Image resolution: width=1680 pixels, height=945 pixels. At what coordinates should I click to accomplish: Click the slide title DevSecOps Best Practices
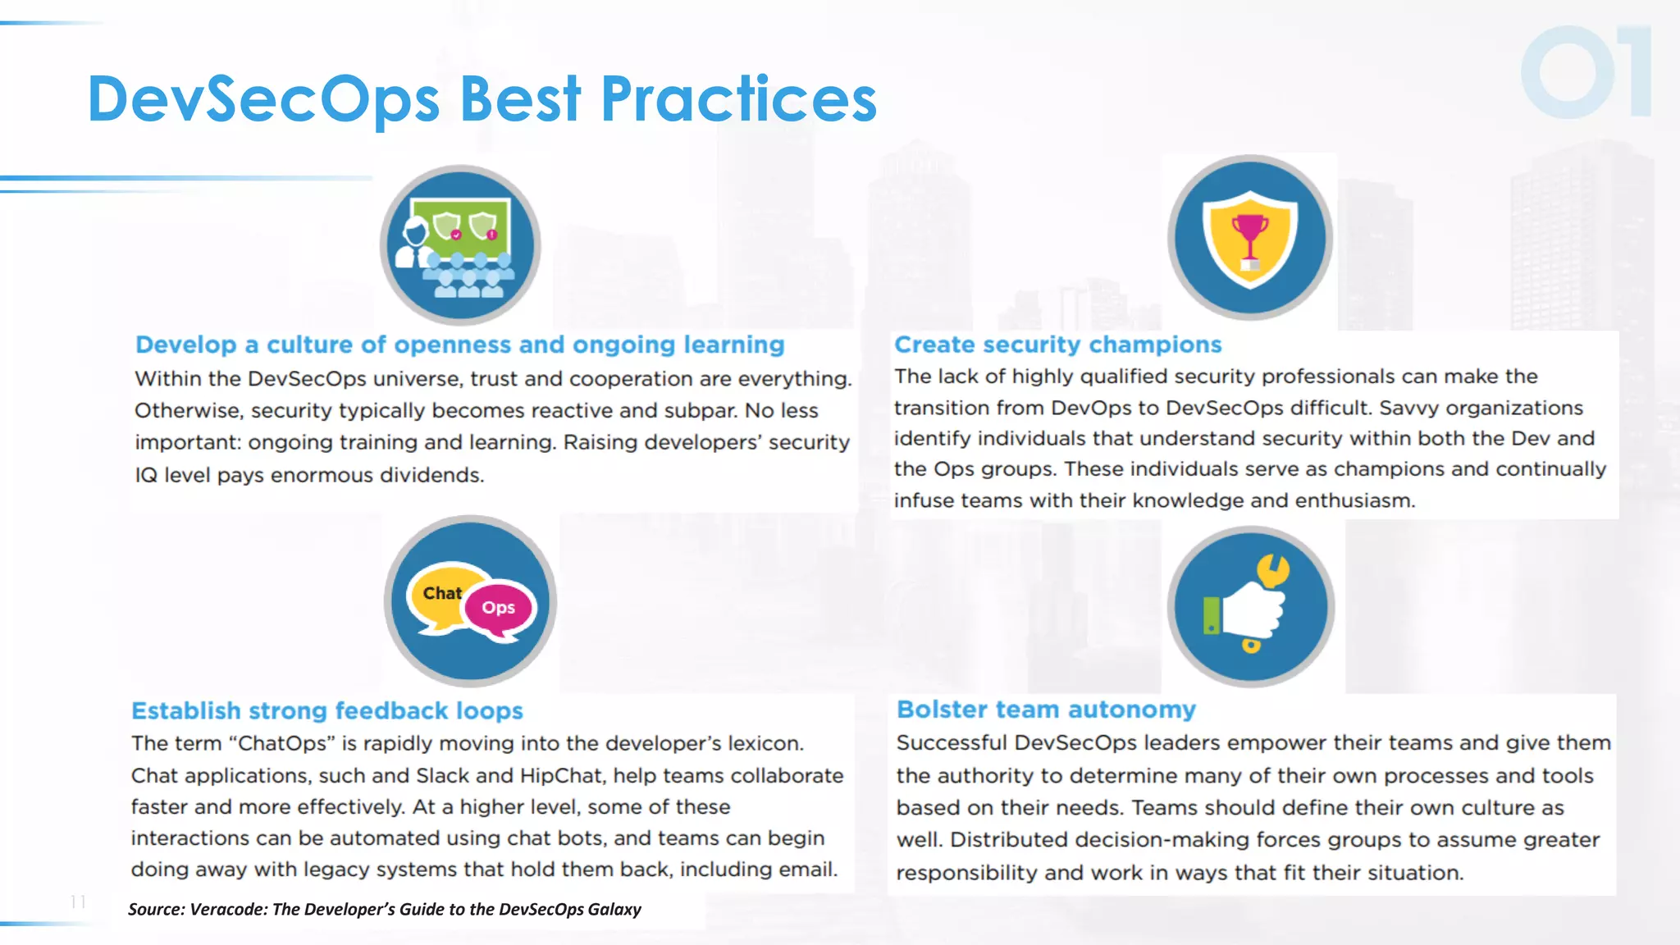(482, 98)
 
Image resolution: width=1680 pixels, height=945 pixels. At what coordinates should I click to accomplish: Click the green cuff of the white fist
(1212, 615)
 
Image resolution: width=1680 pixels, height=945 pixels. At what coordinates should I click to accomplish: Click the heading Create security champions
(1057, 345)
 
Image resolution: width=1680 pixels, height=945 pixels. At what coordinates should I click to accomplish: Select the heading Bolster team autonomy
(1046, 710)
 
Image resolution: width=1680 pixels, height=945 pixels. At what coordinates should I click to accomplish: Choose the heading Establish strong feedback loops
(327, 710)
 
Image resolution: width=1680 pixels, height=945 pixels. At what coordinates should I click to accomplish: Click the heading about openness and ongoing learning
(459, 345)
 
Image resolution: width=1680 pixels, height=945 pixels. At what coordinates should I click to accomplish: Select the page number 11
(78, 902)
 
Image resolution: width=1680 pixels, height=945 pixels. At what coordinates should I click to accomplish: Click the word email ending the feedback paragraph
(807, 870)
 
